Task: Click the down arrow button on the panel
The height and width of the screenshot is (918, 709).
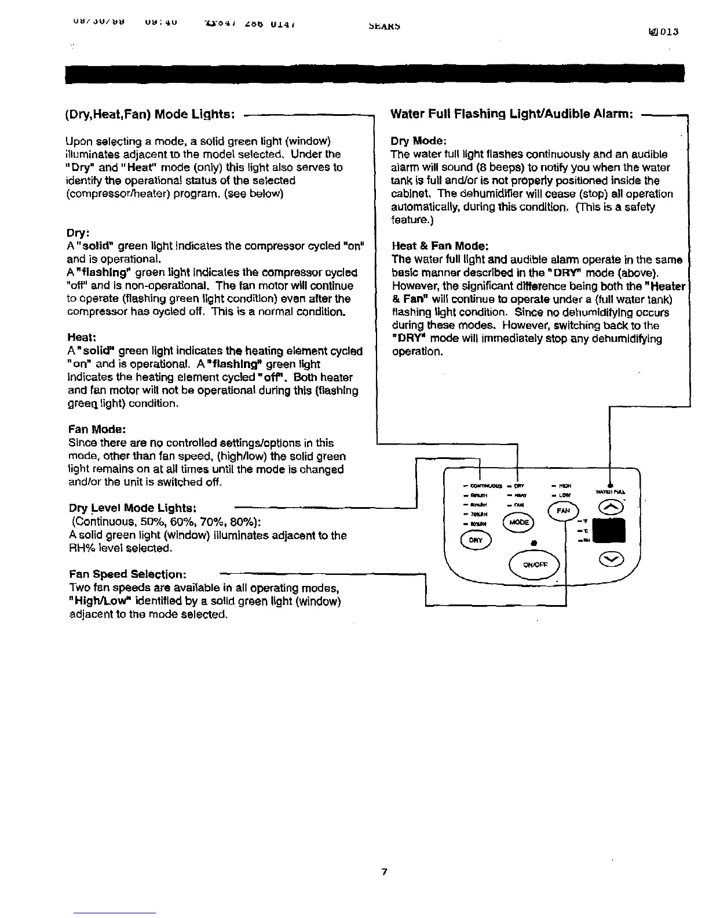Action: pos(612,559)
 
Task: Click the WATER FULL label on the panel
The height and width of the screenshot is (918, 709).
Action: pos(610,493)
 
